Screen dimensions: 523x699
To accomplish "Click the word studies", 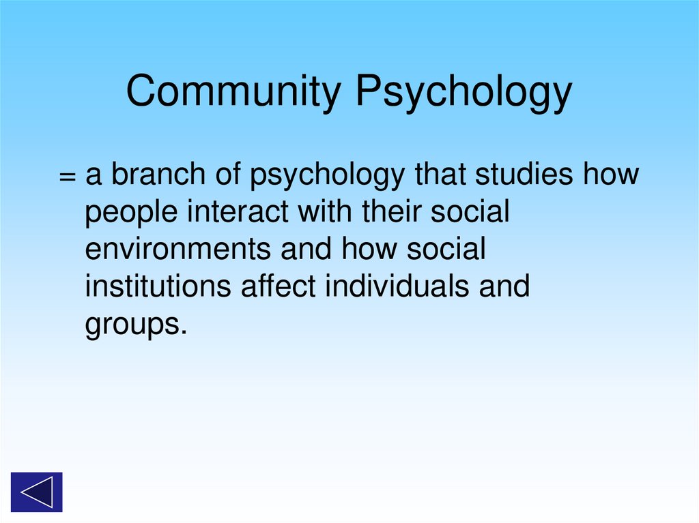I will (523, 175).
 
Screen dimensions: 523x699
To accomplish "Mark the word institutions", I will (158, 286).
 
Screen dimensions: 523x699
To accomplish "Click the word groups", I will (135, 325).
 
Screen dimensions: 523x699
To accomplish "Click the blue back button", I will (36, 492).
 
